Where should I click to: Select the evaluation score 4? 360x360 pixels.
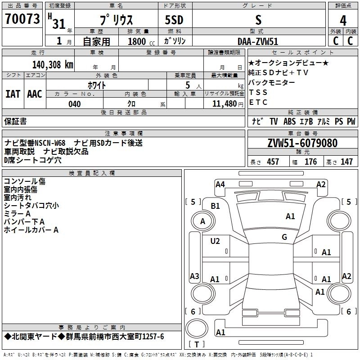click(x=343, y=21)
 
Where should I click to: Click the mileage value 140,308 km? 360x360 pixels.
click(x=53, y=64)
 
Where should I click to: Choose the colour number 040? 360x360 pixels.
click(x=74, y=104)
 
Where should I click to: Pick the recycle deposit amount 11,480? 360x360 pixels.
click(x=221, y=104)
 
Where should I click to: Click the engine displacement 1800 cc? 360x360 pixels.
click(x=138, y=41)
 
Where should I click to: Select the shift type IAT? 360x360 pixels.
click(x=13, y=94)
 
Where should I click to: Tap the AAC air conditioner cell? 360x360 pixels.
click(x=35, y=94)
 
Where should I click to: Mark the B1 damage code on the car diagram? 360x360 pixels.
click(x=216, y=206)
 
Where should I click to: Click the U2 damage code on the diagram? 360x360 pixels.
click(x=215, y=241)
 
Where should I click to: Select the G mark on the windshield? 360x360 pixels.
click(x=284, y=237)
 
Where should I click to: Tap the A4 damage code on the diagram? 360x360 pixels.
click(x=220, y=184)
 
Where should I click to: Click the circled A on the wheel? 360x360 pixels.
click(x=203, y=221)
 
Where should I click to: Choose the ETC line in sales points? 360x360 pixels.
click(x=258, y=103)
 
